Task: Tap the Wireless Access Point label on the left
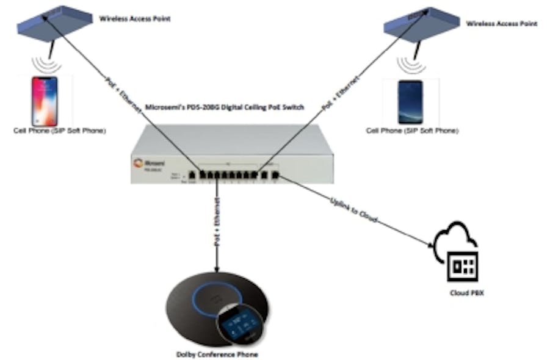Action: coord(135,19)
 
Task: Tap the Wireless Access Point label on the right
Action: coord(501,23)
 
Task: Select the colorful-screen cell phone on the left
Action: coord(45,101)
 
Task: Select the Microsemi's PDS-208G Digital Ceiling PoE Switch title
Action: coord(232,107)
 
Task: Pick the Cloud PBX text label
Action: coord(463,293)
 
